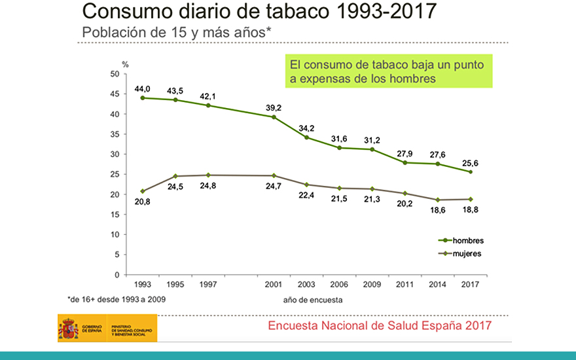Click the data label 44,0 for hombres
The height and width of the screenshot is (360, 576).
pyautogui.click(x=143, y=88)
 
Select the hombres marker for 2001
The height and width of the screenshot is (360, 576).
pyautogui.click(x=274, y=117)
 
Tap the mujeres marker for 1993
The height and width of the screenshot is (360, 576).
pyautogui.click(x=143, y=191)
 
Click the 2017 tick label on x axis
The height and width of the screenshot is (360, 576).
pyautogui.click(x=470, y=285)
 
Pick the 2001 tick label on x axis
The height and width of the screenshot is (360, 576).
pyautogui.click(x=274, y=285)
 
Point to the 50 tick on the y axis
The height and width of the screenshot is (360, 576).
pyautogui.click(x=115, y=74)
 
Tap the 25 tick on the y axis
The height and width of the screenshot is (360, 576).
pyautogui.click(x=115, y=174)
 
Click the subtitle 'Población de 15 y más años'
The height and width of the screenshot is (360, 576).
pyautogui.click(x=177, y=32)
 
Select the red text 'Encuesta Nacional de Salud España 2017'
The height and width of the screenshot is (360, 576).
pyautogui.click(x=380, y=325)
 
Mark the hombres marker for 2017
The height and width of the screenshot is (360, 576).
pyautogui.click(x=470, y=171)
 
